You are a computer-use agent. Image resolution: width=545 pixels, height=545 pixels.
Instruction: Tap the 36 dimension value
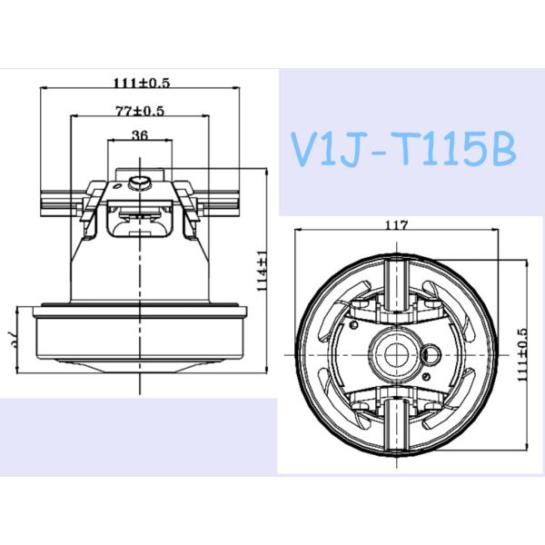point(140,136)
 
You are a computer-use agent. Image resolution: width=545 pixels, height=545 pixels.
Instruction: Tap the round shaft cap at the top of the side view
point(141,183)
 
